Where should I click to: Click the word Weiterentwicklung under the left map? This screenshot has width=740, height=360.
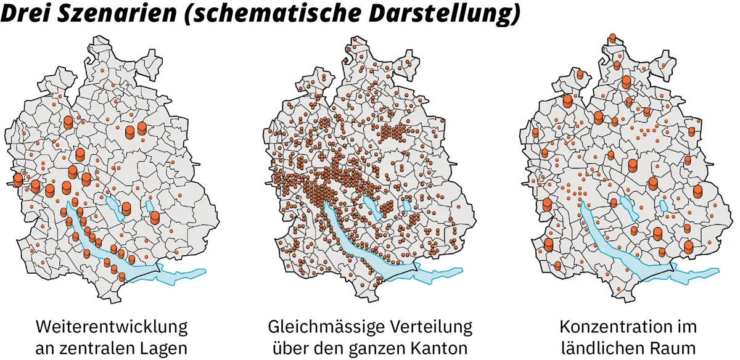(112, 325)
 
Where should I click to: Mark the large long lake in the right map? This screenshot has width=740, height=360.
(617, 240)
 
